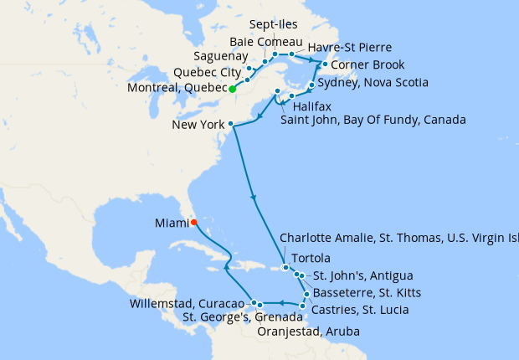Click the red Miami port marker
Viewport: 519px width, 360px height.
click(193, 223)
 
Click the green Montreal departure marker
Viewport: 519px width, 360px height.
click(233, 89)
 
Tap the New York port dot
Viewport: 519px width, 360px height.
click(230, 124)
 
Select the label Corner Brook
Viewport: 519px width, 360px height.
click(368, 64)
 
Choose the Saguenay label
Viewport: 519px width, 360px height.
click(219, 56)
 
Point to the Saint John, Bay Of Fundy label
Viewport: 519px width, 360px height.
click(373, 120)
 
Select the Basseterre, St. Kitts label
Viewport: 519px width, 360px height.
click(362, 292)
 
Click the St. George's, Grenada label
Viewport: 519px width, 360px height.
click(242, 317)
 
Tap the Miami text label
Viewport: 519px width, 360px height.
click(171, 223)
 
